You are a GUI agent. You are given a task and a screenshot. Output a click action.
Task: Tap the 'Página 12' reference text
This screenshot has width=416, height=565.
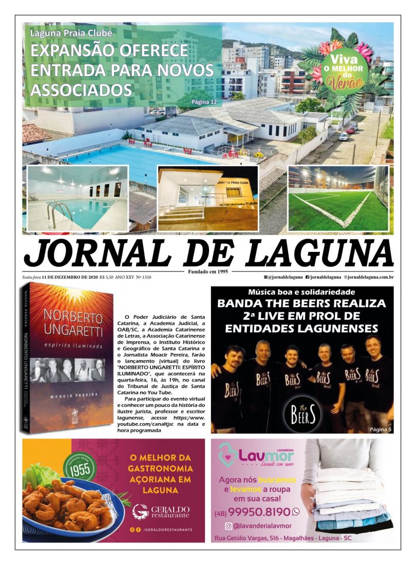[x=204, y=102]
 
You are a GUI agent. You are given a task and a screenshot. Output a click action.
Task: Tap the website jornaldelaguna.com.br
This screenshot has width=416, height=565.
[x=369, y=278]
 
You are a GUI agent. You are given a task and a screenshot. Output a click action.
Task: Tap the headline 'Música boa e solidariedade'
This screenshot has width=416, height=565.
[x=302, y=291]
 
